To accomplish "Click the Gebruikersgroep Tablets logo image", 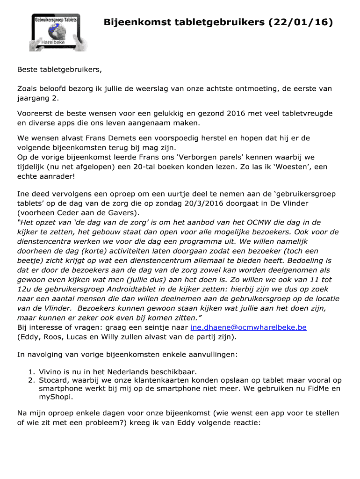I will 56,32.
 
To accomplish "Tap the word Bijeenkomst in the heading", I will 136,22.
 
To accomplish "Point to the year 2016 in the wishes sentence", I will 238,114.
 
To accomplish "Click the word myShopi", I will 56,398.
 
